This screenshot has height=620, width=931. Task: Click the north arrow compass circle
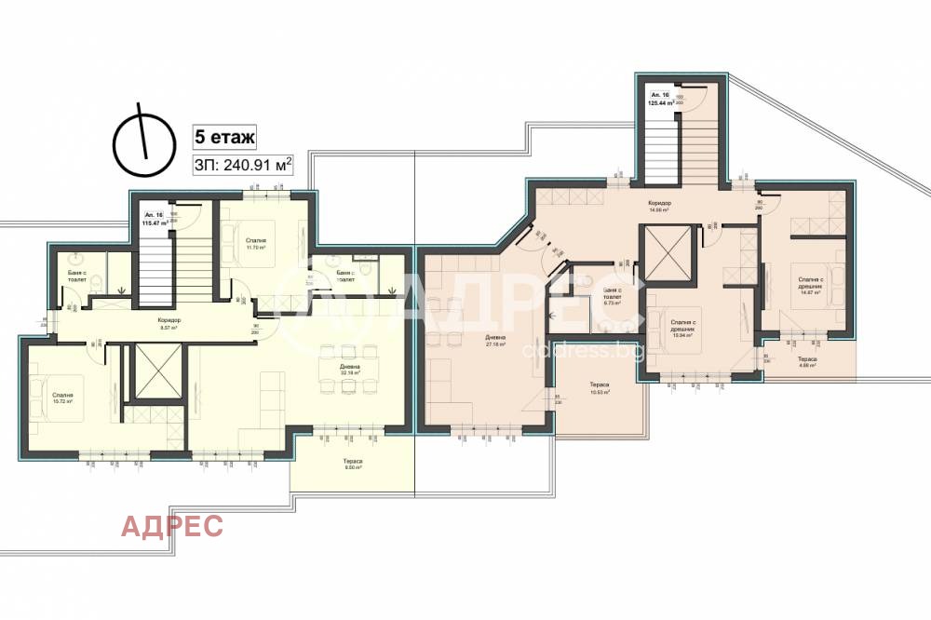[x=143, y=145]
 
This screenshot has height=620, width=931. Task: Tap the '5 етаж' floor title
[x=223, y=136]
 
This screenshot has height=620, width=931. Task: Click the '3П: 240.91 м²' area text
[x=242, y=166]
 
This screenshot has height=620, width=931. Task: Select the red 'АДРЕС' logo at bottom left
[x=172, y=526]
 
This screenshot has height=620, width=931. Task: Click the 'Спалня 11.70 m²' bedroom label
[x=256, y=244]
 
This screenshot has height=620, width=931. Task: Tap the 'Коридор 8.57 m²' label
[x=170, y=324]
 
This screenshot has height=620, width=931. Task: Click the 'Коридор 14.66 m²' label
[x=659, y=207]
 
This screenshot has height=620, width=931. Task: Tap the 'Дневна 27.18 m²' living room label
[x=496, y=341]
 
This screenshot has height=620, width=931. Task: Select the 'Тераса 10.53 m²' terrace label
[x=599, y=388]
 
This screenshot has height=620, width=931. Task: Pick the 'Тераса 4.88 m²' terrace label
[x=806, y=361]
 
